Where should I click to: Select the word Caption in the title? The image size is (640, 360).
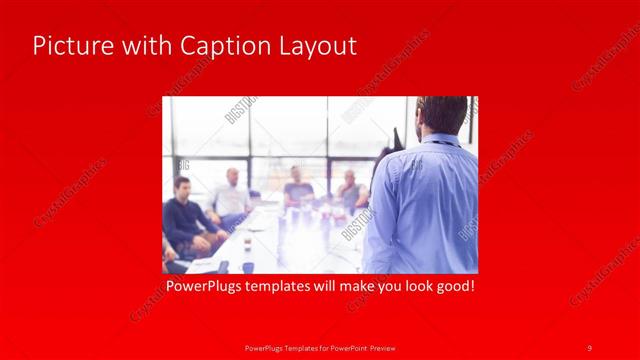click(x=216, y=46)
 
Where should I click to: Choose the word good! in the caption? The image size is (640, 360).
click(x=452, y=287)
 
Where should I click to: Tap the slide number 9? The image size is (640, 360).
click(x=589, y=347)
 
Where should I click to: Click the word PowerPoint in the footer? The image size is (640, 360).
click(x=342, y=347)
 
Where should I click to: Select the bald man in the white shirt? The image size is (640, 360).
click(x=231, y=195)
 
